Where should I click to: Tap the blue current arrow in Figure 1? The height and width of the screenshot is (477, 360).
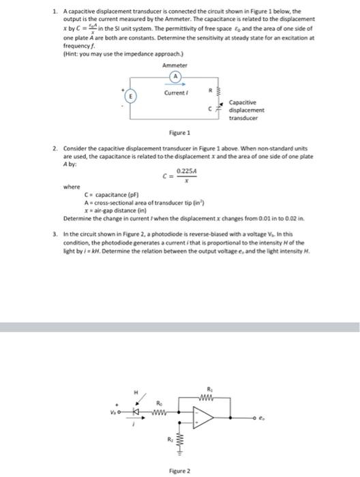pyautogui.click(x=177, y=85)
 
